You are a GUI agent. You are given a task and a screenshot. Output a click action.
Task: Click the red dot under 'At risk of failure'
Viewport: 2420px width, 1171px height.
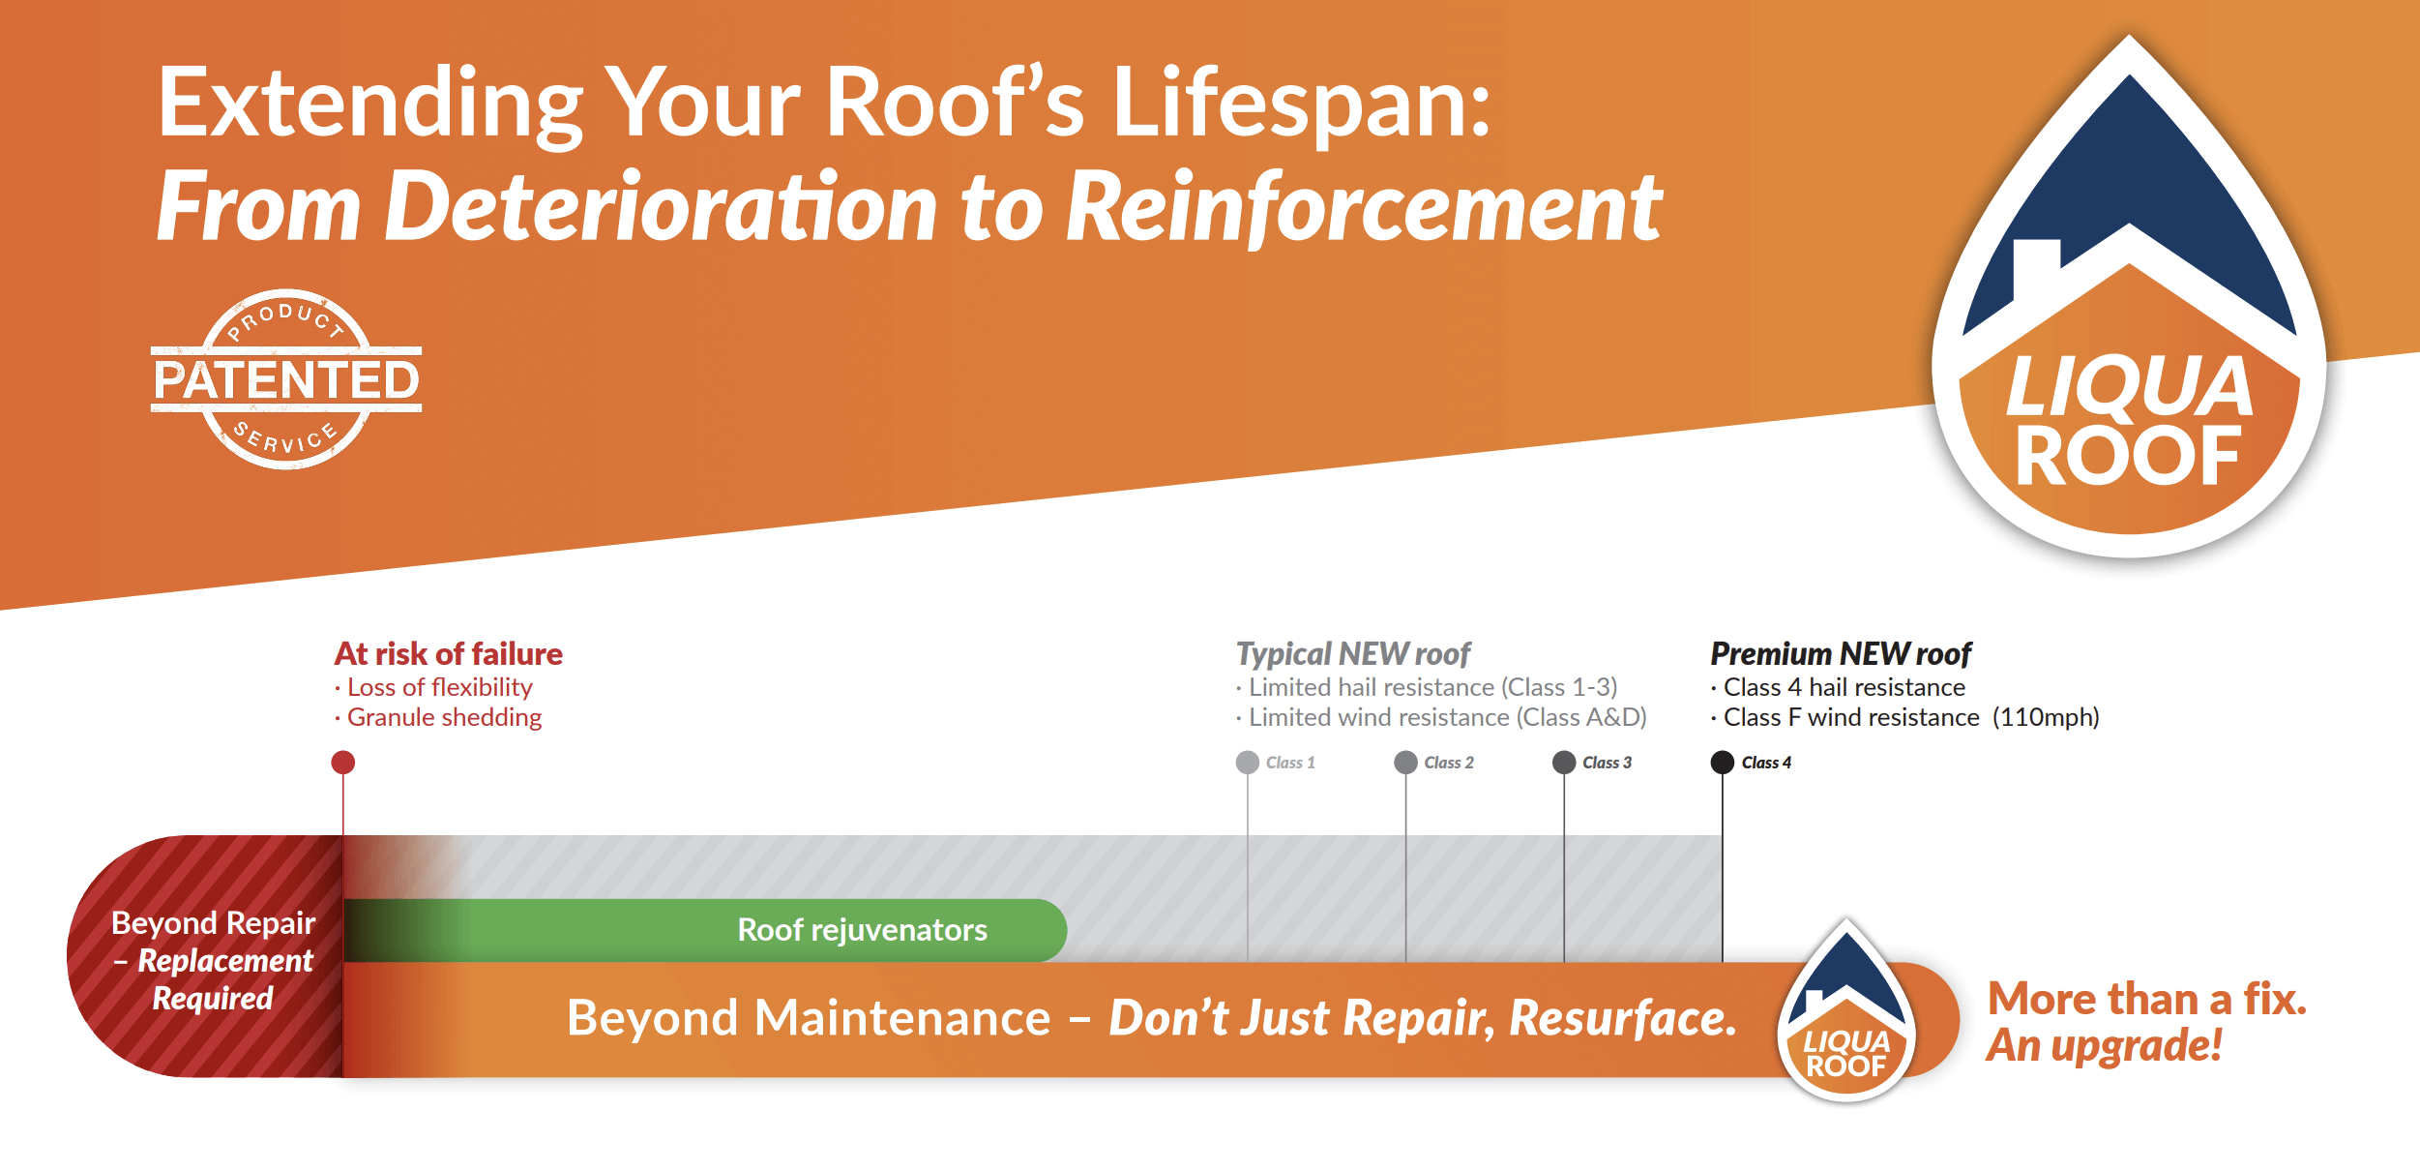pos(342,763)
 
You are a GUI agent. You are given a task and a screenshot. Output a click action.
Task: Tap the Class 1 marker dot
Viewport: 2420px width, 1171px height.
pos(1248,763)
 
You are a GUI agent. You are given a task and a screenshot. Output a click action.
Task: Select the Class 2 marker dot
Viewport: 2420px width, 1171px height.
pos(1405,763)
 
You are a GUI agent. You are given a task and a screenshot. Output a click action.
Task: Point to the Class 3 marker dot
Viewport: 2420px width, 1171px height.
pos(1564,763)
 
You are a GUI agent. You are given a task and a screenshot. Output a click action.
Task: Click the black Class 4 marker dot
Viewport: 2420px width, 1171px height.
pos(1723,763)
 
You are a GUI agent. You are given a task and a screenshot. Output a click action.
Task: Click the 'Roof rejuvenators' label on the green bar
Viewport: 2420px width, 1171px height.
pos(862,930)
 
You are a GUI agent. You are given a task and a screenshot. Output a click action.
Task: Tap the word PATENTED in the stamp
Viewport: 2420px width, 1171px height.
pos(286,379)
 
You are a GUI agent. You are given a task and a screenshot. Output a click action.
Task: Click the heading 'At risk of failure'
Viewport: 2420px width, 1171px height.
pos(448,654)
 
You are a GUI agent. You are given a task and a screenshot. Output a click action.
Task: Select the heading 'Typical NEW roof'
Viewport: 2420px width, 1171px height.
pos(1353,654)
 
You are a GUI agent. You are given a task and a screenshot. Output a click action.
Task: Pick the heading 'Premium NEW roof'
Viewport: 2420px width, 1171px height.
pos(1841,654)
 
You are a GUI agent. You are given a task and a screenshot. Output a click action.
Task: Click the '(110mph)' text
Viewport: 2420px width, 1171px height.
pos(2046,717)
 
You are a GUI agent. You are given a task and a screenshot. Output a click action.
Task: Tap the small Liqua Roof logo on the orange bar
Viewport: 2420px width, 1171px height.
pos(1846,1012)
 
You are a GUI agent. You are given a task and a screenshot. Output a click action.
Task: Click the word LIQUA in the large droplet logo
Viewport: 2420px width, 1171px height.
pos(2130,386)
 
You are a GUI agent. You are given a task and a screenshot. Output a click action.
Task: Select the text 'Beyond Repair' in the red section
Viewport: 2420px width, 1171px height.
pos(213,923)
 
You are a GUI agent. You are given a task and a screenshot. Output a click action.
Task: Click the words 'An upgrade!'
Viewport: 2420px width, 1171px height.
pos(2104,1045)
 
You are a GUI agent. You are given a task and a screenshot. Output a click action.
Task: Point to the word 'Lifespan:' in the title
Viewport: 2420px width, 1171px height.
pos(1301,104)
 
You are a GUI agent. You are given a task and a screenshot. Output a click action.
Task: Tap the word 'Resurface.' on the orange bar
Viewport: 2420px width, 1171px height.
pos(1623,1018)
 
